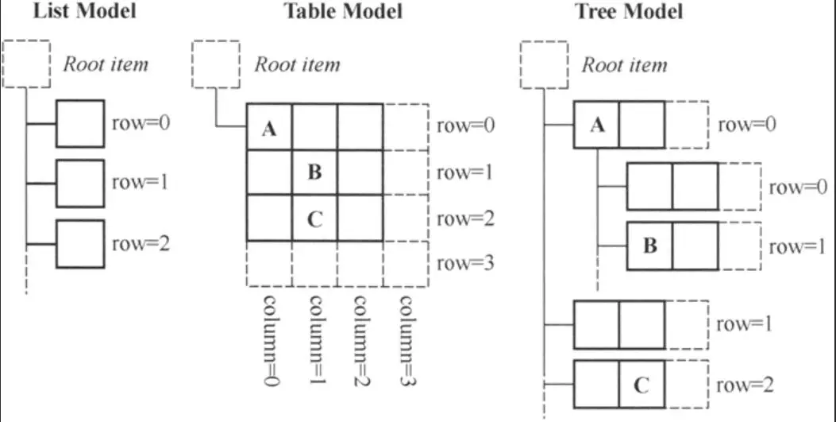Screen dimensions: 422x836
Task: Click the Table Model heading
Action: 342,12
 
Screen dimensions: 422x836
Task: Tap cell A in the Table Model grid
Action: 269,127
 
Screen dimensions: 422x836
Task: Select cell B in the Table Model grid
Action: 314,172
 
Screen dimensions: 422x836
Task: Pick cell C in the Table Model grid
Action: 314,219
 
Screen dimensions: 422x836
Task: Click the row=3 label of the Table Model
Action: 466,263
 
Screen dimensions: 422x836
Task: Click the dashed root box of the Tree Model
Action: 544,64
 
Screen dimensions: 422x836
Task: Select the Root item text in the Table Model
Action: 297,64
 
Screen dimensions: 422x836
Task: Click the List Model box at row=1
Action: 79,183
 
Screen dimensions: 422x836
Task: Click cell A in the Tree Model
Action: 596,126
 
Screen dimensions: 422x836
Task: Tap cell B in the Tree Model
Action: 649,246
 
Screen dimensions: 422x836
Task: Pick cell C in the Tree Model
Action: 642,385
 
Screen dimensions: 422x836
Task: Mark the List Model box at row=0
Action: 79,123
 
